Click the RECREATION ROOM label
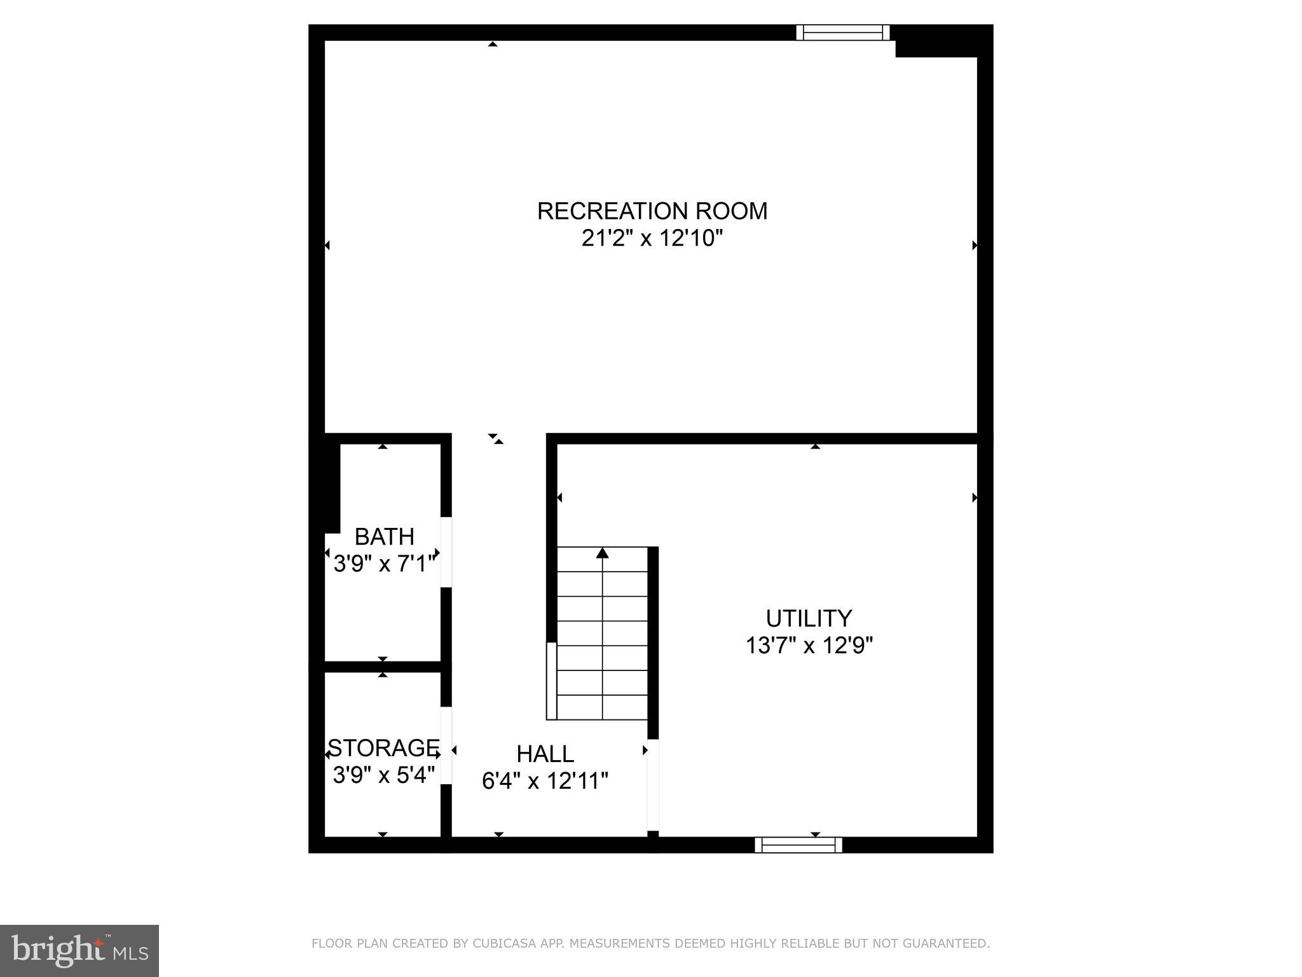point(652,211)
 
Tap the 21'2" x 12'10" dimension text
point(652,239)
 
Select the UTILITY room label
point(809,618)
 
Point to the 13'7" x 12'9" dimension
point(809,646)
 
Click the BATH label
point(384,537)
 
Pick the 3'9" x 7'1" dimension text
point(384,564)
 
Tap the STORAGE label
point(383,747)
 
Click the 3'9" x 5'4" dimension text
point(383,775)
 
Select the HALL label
point(545,754)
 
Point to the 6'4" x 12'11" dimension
point(545,781)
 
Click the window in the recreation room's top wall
point(842,32)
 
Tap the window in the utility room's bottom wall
point(798,845)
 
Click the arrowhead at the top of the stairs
point(603,553)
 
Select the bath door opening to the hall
point(446,552)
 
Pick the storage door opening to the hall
point(446,745)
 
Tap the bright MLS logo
point(79,951)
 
